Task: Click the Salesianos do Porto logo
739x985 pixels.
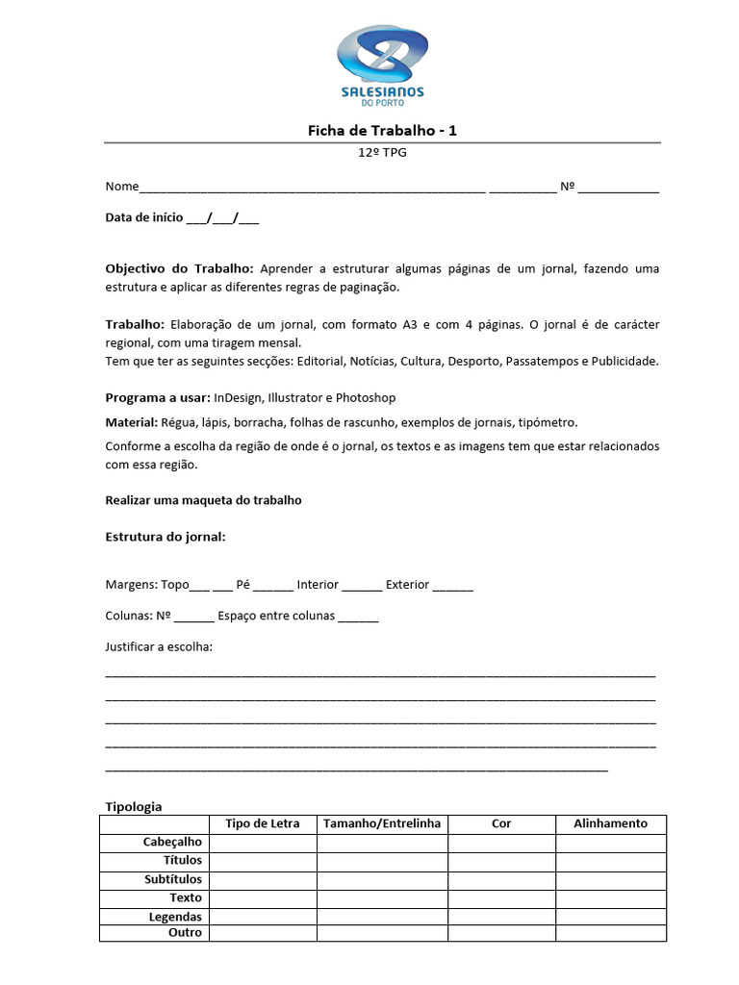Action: (x=382, y=65)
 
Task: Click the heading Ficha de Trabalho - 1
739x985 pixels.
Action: (x=382, y=130)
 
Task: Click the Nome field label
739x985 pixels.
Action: (x=122, y=187)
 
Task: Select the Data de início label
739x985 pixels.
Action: (x=144, y=218)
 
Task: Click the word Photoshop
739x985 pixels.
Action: (x=366, y=397)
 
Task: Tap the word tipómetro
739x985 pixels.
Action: (x=548, y=422)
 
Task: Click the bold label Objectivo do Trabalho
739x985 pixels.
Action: (x=179, y=268)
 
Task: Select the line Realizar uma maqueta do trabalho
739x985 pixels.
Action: (x=203, y=500)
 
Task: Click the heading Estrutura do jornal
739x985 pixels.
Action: (x=165, y=537)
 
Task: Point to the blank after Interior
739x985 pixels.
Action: (x=362, y=586)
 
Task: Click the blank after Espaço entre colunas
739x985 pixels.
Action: (x=359, y=617)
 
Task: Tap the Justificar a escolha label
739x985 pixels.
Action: (x=159, y=646)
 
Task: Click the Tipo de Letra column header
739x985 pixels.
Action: (x=262, y=823)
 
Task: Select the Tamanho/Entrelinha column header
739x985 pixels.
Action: (x=382, y=823)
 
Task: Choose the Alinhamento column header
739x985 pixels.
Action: (x=610, y=823)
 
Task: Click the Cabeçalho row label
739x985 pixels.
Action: (x=172, y=843)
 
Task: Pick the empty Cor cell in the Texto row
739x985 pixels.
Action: (x=501, y=898)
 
